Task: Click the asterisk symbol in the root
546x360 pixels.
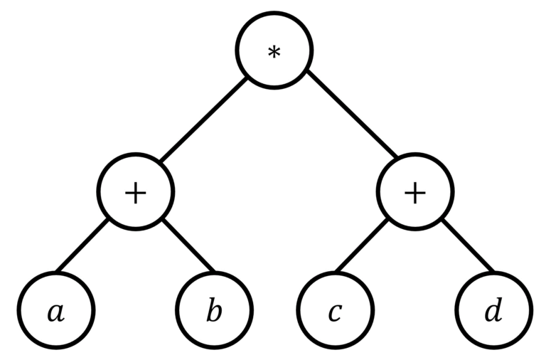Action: pos(274,53)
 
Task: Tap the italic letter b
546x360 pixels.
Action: pos(215,312)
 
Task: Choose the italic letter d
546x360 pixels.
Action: pos(493,312)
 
